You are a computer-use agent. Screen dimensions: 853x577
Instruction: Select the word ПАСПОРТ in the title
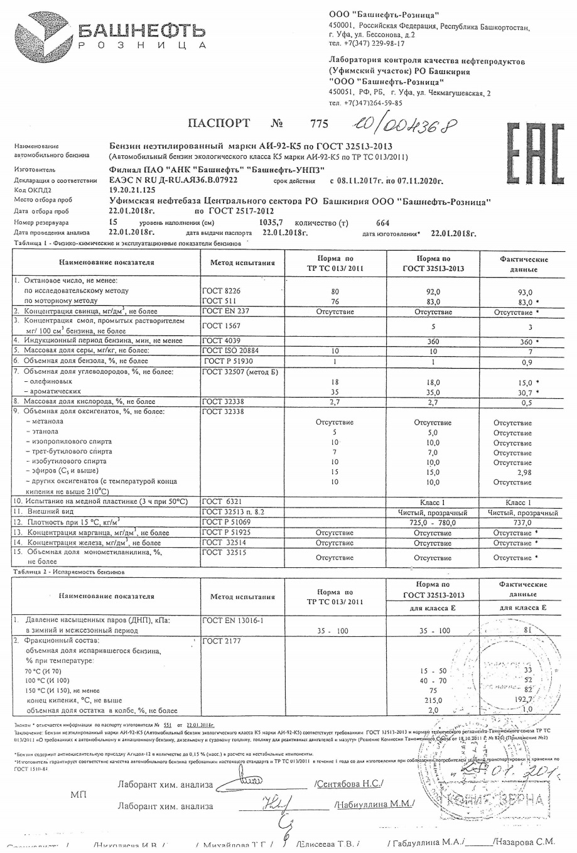pos(218,124)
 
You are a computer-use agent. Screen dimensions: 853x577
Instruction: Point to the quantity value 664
pos(382,223)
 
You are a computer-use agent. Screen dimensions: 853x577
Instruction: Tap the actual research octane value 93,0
pos(524,292)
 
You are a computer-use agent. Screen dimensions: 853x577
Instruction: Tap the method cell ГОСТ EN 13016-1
pos(233,621)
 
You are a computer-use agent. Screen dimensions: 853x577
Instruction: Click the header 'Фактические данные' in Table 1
pos(524,264)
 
